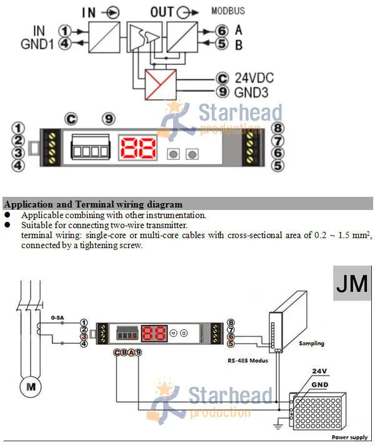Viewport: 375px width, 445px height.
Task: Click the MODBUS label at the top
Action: click(x=228, y=11)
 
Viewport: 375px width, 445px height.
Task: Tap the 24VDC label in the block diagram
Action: click(x=254, y=78)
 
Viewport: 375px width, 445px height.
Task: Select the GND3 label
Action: click(x=251, y=92)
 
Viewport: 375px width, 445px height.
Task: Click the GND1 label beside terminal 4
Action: click(x=37, y=44)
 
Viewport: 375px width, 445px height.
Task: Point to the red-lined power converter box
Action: click(x=161, y=84)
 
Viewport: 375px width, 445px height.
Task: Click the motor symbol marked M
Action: click(x=31, y=386)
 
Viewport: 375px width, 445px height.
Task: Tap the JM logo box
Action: click(x=352, y=283)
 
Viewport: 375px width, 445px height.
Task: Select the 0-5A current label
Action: click(x=57, y=317)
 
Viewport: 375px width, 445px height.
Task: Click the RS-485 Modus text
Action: click(x=247, y=361)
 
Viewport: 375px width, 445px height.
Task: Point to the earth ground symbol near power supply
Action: click(x=279, y=426)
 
